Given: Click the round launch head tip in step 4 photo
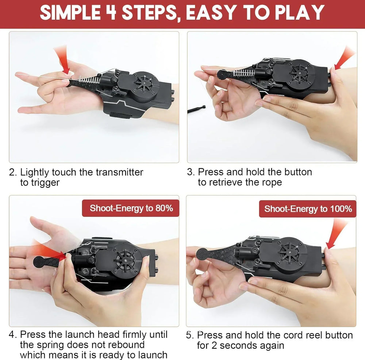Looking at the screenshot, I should (39, 262).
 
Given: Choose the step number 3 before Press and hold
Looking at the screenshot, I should (190, 172).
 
